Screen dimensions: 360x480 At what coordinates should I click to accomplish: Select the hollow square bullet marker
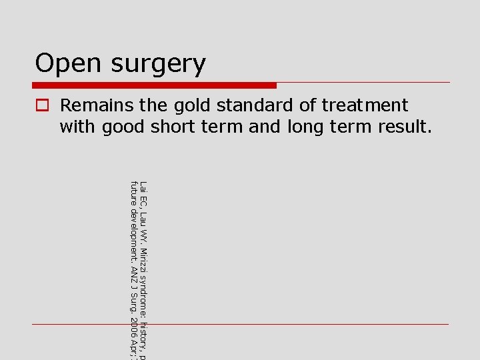coord(41,105)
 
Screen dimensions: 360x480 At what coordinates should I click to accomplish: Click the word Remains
coord(97,105)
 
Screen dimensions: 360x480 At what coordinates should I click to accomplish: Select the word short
coord(173,126)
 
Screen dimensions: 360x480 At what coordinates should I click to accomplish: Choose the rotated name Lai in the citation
coord(145,187)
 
